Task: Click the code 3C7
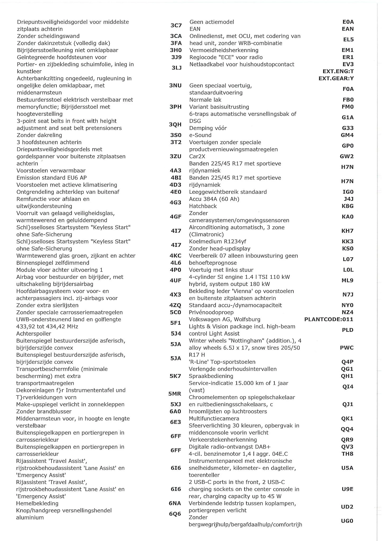pos(176,25)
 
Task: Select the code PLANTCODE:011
pos(328,319)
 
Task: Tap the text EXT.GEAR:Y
pos(336,78)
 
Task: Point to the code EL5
pos(348,40)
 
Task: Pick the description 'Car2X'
pos(197,156)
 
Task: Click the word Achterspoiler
pos(34,334)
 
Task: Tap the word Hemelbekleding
pos(37,503)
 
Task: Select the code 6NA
pos(175,503)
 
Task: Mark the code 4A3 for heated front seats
pos(175,171)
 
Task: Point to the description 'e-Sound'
pos(200,135)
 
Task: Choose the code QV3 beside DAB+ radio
pos(347,447)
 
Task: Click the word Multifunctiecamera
pos(214,418)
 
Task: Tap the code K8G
pos(347,206)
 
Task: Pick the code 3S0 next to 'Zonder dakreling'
pos(176,135)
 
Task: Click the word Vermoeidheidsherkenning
pos(224,50)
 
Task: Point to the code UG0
pos(347,521)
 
